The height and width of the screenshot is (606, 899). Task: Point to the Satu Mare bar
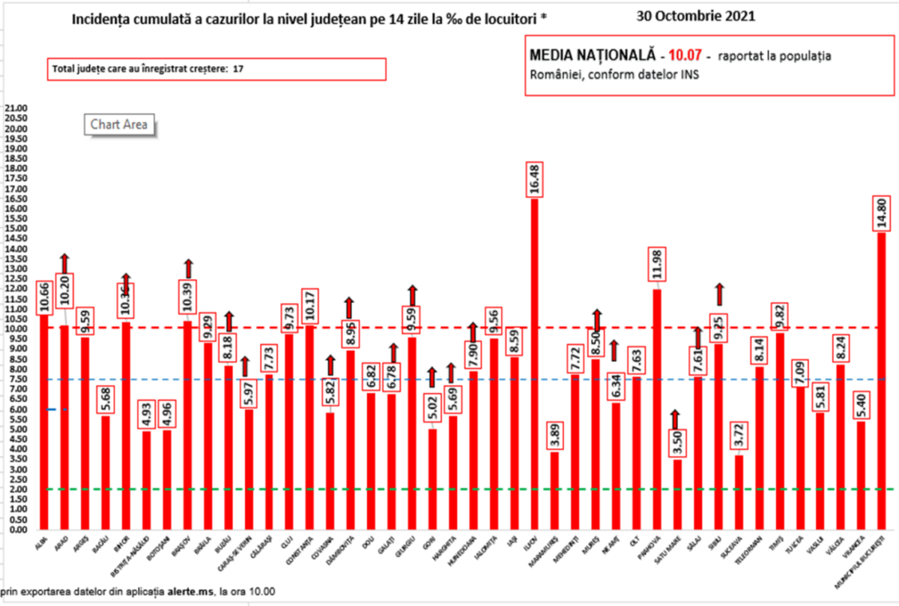(x=677, y=494)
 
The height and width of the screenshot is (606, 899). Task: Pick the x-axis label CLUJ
(x=288, y=537)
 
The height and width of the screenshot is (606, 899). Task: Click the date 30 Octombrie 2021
(x=695, y=16)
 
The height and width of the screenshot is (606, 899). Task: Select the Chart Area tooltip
(x=119, y=124)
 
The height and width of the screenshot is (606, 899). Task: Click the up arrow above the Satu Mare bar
(x=677, y=418)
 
